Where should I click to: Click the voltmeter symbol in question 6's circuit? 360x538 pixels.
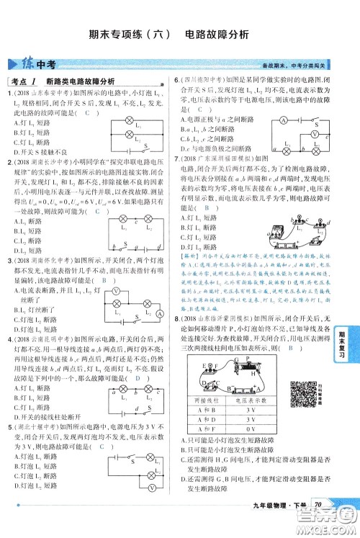[x=314, y=134]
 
